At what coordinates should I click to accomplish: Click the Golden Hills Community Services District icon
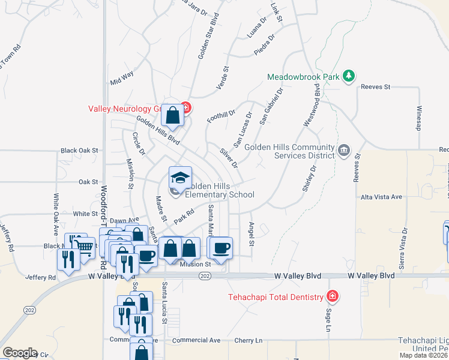point(345,149)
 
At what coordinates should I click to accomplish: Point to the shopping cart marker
point(85,245)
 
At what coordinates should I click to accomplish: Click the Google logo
point(19,353)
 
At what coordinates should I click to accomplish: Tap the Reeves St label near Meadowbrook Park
point(375,87)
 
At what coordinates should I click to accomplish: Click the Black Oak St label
point(79,151)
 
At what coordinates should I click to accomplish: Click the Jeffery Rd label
point(40,278)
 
